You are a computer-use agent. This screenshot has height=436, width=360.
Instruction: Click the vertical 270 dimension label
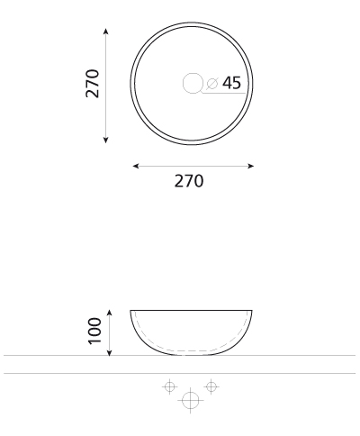coord(93,84)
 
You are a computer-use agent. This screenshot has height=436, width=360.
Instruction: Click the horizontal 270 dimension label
coord(189,181)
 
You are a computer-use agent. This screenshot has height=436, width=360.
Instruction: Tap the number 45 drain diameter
coord(231,83)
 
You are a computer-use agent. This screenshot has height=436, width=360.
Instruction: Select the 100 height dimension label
coord(94,331)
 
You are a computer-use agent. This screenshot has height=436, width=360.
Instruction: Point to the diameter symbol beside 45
coord(211,83)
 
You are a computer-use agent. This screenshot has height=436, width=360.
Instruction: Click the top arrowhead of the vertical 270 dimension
coord(105,32)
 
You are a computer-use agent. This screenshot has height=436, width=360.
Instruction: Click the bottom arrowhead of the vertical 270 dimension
coord(105,140)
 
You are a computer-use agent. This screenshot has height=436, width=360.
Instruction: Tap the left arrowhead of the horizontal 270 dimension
coord(136,166)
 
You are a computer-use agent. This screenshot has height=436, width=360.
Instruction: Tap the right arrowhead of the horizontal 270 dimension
coord(250,166)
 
